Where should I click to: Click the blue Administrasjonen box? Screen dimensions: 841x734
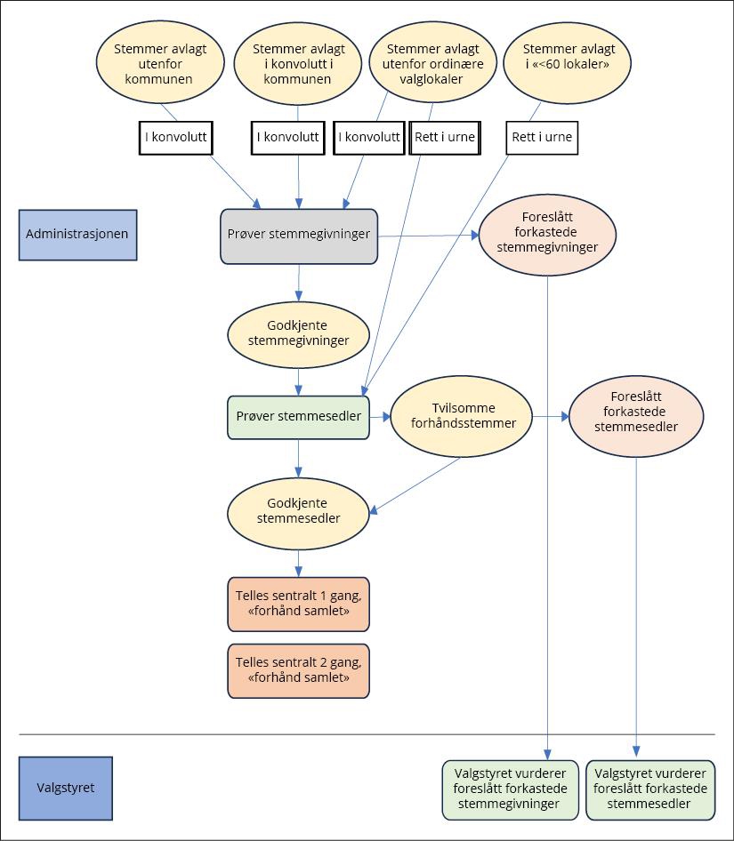pos(78,235)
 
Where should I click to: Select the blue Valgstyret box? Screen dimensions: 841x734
pos(65,788)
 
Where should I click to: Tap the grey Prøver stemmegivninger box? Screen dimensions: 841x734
pos(299,236)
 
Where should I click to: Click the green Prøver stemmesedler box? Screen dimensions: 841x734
pos(298,417)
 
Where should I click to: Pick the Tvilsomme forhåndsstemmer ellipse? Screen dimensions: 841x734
pos(461,416)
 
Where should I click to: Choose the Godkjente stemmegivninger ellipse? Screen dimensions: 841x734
pos(298,332)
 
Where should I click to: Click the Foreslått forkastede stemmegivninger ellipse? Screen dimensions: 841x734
pos(547,235)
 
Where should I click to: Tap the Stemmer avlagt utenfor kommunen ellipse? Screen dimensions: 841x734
pos(159,64)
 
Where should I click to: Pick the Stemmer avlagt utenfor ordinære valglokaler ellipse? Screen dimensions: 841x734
pos(433,64)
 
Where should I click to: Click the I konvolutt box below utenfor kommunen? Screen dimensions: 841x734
pos(175,137)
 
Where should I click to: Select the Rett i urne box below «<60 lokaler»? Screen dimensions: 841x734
pos(542,137)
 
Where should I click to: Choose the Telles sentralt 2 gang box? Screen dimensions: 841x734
pos(298,670)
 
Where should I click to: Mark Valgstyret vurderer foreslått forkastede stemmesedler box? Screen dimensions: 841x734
pos(650,789)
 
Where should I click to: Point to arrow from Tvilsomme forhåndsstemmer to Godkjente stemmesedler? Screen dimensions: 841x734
pos(416,485)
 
